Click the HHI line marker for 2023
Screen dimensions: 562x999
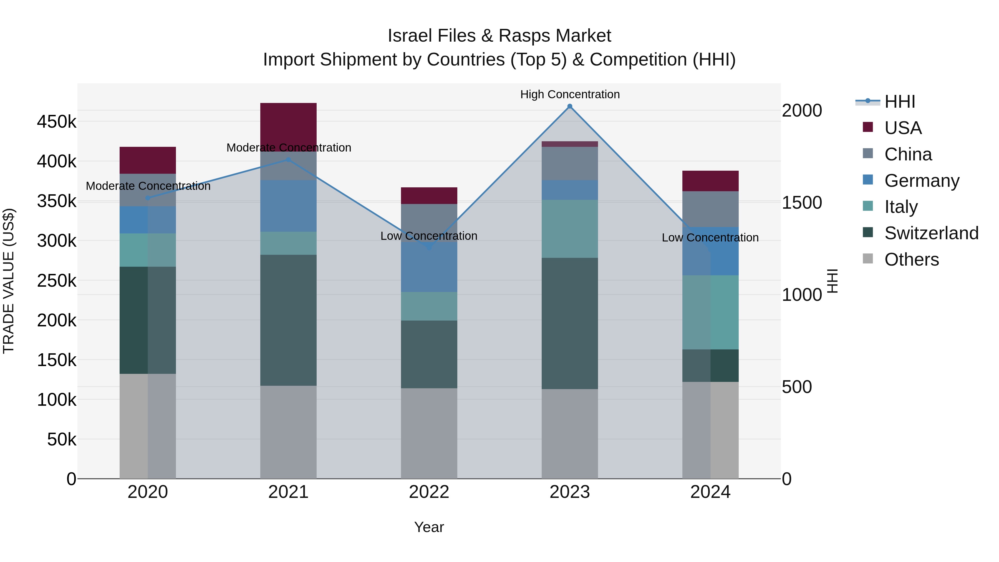coord(569,106)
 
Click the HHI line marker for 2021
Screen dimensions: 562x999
coord(288,159)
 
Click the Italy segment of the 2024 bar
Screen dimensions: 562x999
coord(710,312)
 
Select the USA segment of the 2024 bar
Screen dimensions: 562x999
coord(710,181)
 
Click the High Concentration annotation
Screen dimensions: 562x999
coord(570,94)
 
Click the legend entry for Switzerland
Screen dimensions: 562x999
coord(931,233)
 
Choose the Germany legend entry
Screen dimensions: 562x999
coord(921,181)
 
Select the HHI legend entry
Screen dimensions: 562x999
coord(900,102)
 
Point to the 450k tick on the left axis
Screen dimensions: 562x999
coord(57,122)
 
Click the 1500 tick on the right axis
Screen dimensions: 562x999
coord(801,203)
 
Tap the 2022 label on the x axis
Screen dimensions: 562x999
coord(429,492)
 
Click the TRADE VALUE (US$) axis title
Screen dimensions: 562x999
coord(9,281)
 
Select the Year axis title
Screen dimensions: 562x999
coord(429,527)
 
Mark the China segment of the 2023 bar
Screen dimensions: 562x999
coord(569,163)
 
